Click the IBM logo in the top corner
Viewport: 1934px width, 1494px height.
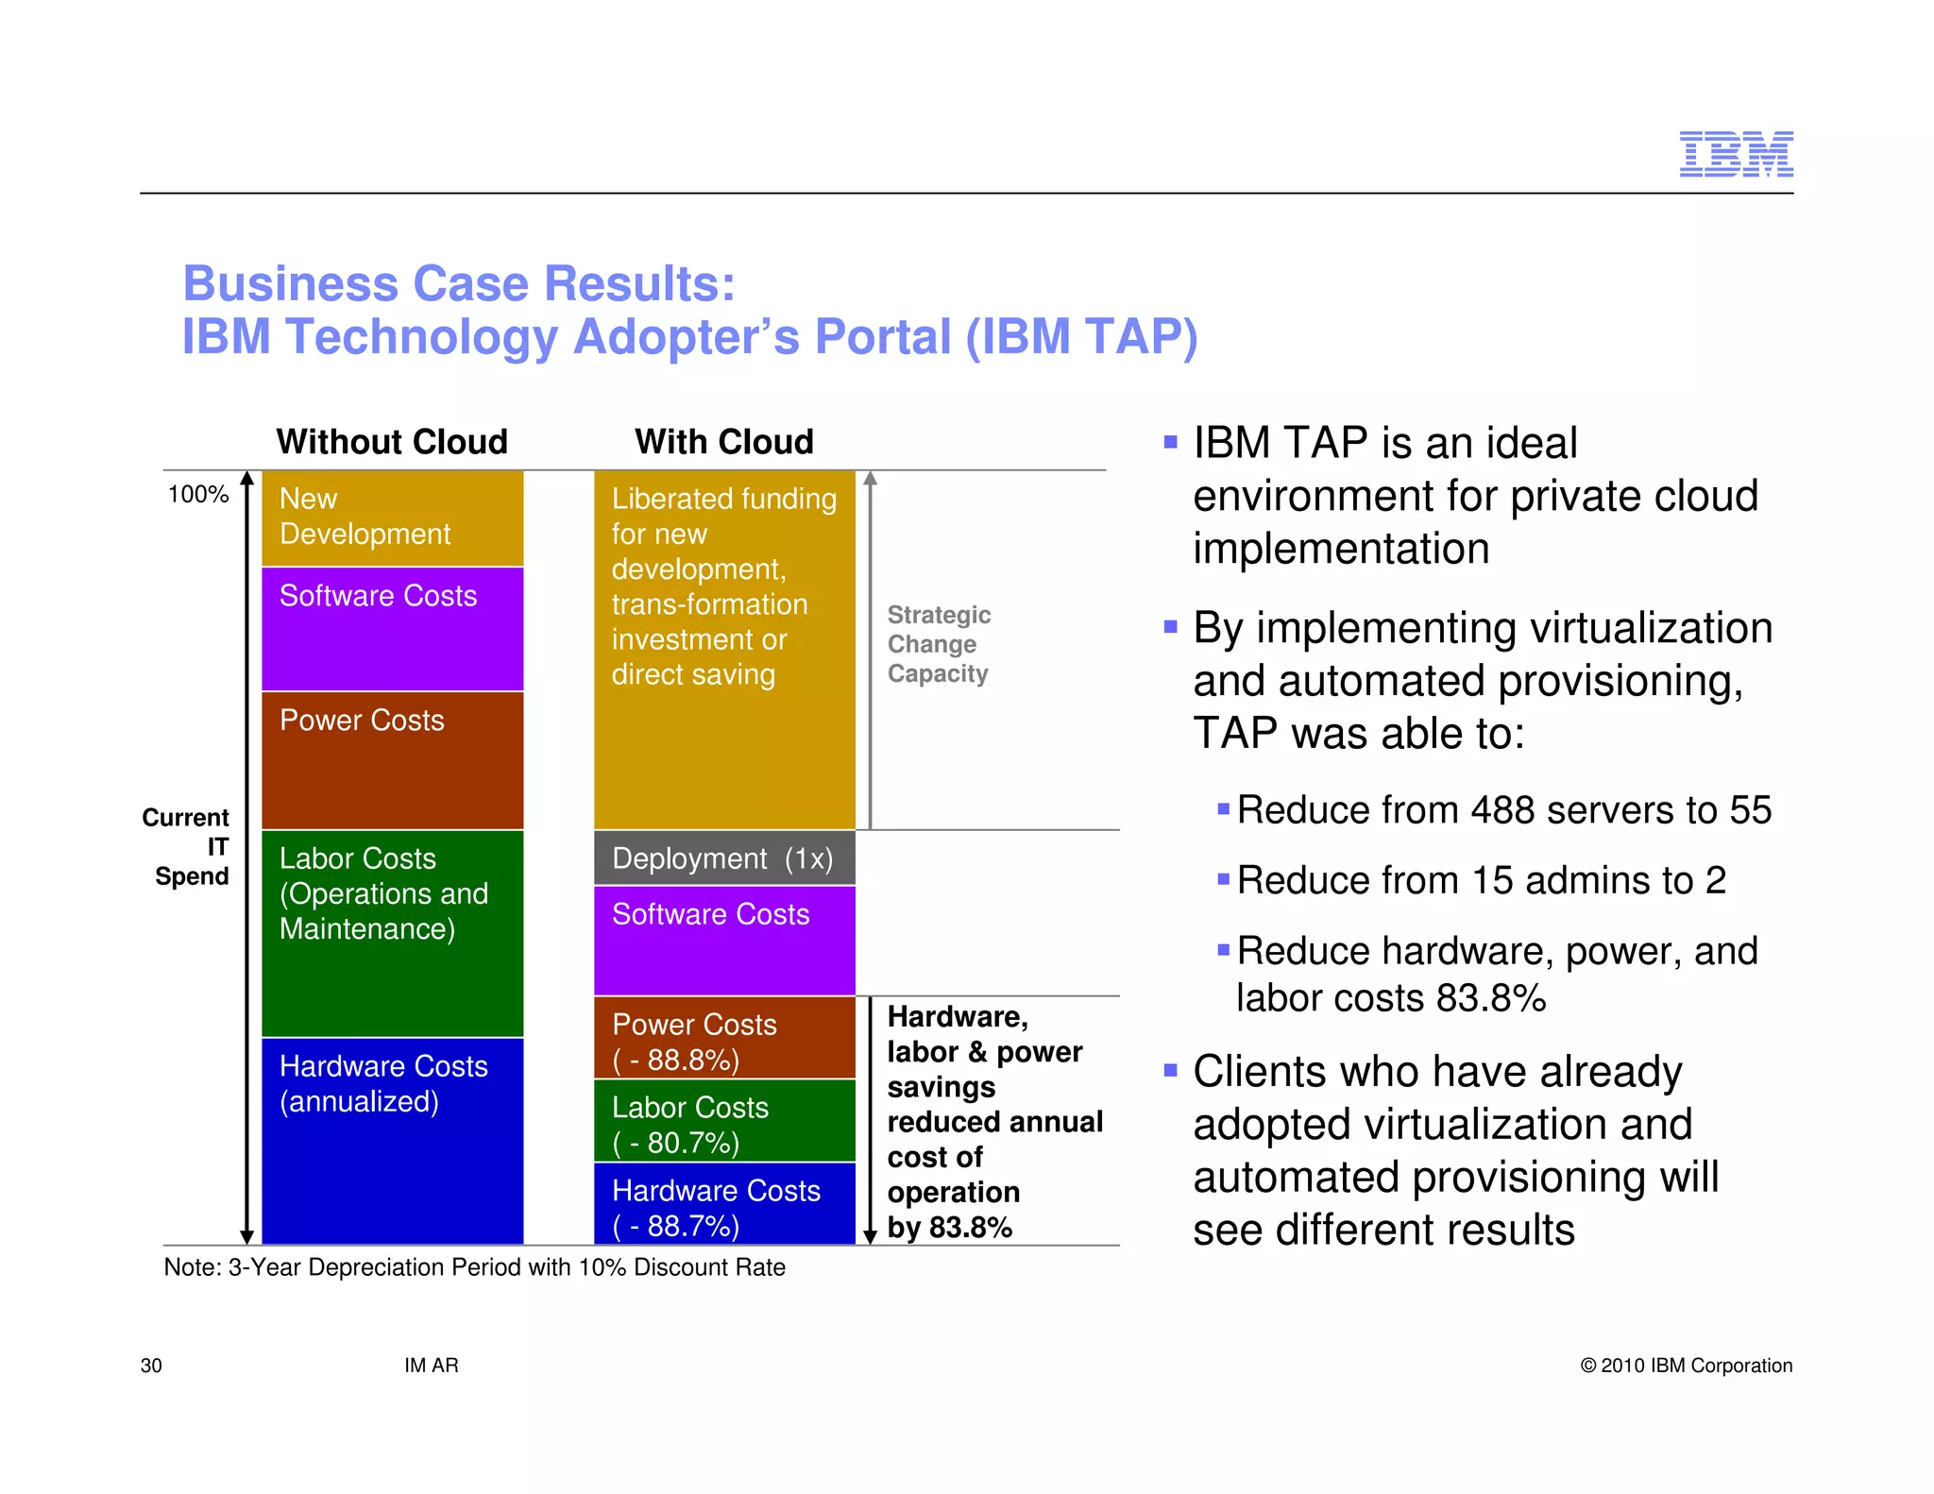1736,154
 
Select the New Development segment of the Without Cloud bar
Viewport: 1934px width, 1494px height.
392,518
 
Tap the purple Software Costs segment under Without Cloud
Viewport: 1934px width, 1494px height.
392,628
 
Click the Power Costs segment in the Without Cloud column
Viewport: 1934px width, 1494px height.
392,760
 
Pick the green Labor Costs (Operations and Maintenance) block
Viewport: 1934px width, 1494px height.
392,933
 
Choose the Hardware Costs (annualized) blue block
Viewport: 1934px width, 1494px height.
392,1141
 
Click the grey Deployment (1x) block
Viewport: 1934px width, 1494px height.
723,858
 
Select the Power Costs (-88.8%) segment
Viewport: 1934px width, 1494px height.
723,1038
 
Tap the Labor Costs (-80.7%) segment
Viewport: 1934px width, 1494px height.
723,1121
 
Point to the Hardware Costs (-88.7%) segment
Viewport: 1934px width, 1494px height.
723,1204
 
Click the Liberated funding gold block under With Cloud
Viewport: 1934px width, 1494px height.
723,650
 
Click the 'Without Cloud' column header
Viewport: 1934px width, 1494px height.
392,442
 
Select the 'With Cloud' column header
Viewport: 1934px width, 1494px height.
723,442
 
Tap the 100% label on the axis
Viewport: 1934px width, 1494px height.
197,495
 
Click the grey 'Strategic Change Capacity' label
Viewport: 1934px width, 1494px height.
938,644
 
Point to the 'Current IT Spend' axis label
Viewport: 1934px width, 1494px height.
187,846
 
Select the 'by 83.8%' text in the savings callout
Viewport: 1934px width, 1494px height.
949,1228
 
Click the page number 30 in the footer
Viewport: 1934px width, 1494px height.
151,1366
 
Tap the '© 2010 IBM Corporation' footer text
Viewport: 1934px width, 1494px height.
1686,1366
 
